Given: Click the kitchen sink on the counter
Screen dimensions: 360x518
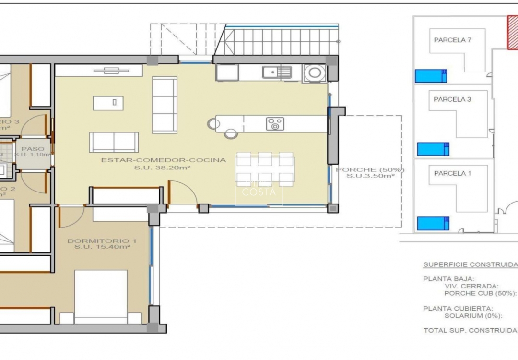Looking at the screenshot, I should pos(277,72).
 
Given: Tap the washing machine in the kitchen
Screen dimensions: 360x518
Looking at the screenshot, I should pos(315,73).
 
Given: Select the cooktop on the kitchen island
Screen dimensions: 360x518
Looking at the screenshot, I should pos(275,124).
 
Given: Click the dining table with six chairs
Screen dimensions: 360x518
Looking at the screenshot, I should pos(265,169).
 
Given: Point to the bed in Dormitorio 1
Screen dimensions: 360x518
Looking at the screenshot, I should pos(101,297).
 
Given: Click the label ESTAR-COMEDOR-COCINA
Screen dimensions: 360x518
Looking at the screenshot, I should pos(163,160).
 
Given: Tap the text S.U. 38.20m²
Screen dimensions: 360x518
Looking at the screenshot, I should pos(163,168).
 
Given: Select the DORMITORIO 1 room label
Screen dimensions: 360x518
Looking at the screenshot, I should pos(98,240).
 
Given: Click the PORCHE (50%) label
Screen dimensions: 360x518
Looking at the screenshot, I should pos(370,170).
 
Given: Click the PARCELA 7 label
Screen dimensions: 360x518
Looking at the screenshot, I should pos(452,40).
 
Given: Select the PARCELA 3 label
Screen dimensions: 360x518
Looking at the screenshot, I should pos(452,99).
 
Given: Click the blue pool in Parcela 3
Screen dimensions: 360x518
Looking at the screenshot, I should pos(433,149).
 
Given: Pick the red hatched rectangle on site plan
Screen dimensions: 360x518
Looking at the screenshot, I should pos(513,32).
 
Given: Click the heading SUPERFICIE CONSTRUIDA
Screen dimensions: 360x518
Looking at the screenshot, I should pos(470,264).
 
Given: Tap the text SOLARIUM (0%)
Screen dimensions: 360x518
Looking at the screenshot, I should pos(473,316).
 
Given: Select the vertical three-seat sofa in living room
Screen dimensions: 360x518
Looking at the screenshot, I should pos(165,105).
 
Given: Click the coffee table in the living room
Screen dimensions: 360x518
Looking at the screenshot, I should pos(108,103).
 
